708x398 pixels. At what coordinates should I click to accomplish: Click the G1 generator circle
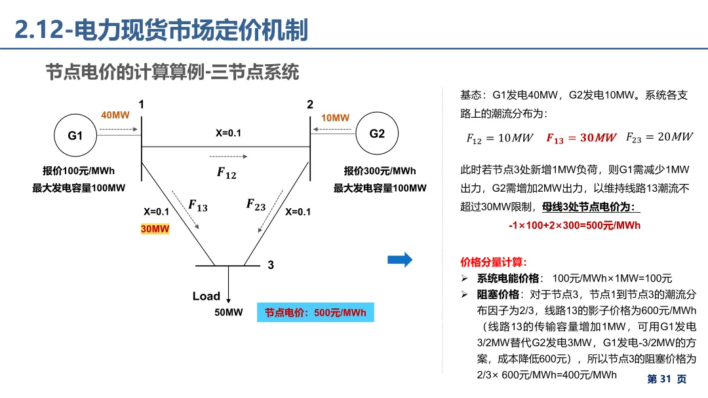[75, 136]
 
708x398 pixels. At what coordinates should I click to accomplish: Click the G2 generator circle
[377, 134]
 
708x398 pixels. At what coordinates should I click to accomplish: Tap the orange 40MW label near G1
[115, 115]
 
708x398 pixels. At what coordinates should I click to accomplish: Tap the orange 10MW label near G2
[335, 118]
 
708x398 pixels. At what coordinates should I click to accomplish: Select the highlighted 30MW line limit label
[155, 229]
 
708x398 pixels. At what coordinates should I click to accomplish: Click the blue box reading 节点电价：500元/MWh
[315, 312]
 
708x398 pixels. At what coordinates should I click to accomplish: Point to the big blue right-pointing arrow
[400, 259]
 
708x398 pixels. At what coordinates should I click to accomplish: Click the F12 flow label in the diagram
[227, 173]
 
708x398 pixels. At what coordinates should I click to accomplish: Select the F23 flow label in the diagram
[256, 205]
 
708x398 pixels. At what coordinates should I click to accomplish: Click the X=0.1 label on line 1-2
[228, 133]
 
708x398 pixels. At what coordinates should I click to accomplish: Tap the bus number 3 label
[271, 265]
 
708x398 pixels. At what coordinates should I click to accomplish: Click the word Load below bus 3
[206, 296]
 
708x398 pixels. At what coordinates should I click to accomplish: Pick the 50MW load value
[229, 312]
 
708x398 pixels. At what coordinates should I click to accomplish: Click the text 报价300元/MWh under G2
[380, 171]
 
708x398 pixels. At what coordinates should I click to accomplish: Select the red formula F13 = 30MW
[581, 137]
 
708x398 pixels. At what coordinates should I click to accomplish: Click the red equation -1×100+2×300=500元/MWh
[574, 225]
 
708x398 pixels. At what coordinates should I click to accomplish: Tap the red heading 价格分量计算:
[493, 262]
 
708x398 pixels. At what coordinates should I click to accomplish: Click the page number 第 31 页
[667, 379]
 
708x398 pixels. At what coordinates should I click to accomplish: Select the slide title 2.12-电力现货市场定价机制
[161, 29]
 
